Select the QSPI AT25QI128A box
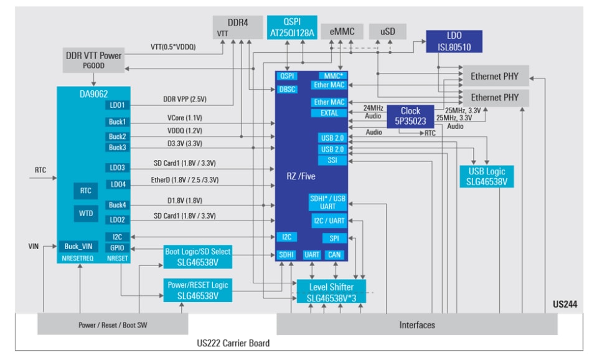point(291,27)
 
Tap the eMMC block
point(341,30)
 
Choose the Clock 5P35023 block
point(410,116)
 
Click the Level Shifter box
point(331,292)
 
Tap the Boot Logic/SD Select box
point(197,257)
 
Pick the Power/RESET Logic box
point(197,290)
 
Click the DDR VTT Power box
point(93,60)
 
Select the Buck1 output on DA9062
point(117,122)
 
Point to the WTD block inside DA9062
point(86,214)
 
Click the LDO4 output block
point(117,184)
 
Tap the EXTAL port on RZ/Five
point(329,113)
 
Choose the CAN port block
point(334,255)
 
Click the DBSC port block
point(288,89)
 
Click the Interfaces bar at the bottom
point(417,324)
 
